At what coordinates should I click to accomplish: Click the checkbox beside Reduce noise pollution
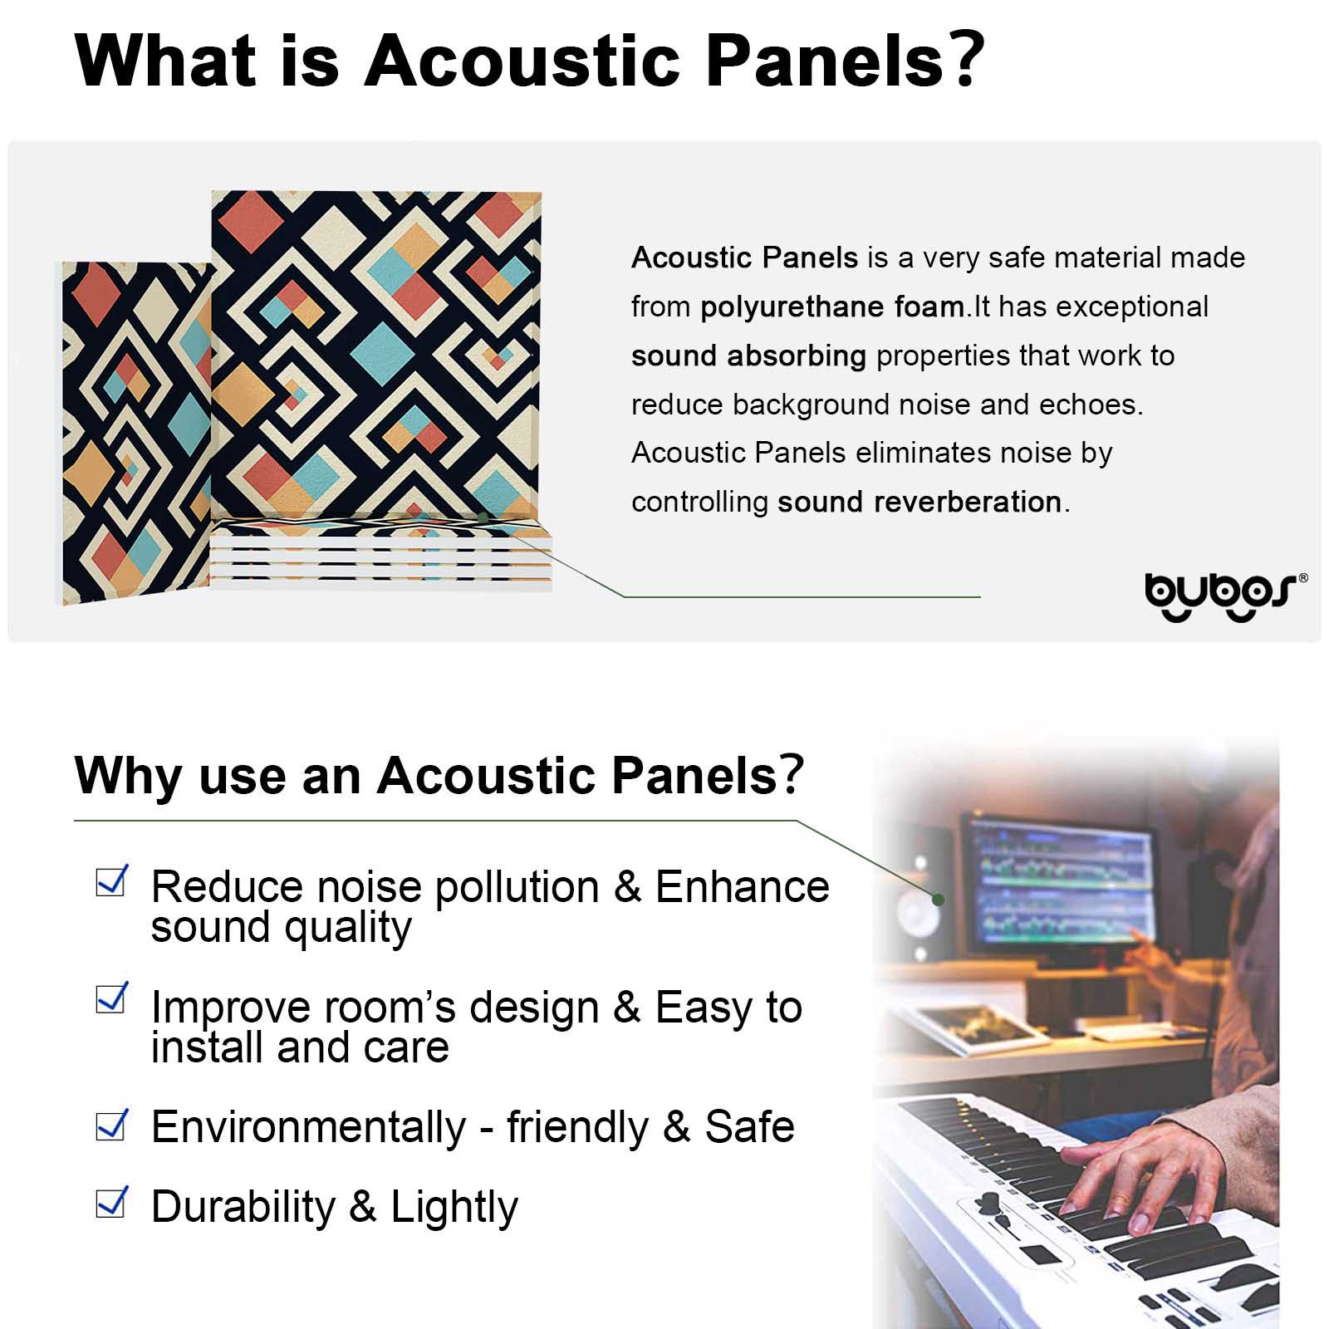112,881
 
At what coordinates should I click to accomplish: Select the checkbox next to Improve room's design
112,998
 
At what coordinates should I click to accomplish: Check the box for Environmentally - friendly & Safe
112,1125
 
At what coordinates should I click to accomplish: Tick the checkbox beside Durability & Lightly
112,1202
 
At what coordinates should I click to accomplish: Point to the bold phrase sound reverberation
920,502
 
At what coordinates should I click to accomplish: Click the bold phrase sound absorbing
748,356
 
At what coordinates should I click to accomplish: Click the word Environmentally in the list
309,1128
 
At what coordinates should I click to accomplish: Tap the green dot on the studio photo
938,900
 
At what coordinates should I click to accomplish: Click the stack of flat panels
381,554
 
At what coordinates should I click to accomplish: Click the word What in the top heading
166,61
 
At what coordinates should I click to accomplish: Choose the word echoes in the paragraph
1091,405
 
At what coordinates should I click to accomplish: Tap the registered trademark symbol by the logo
1302,577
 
